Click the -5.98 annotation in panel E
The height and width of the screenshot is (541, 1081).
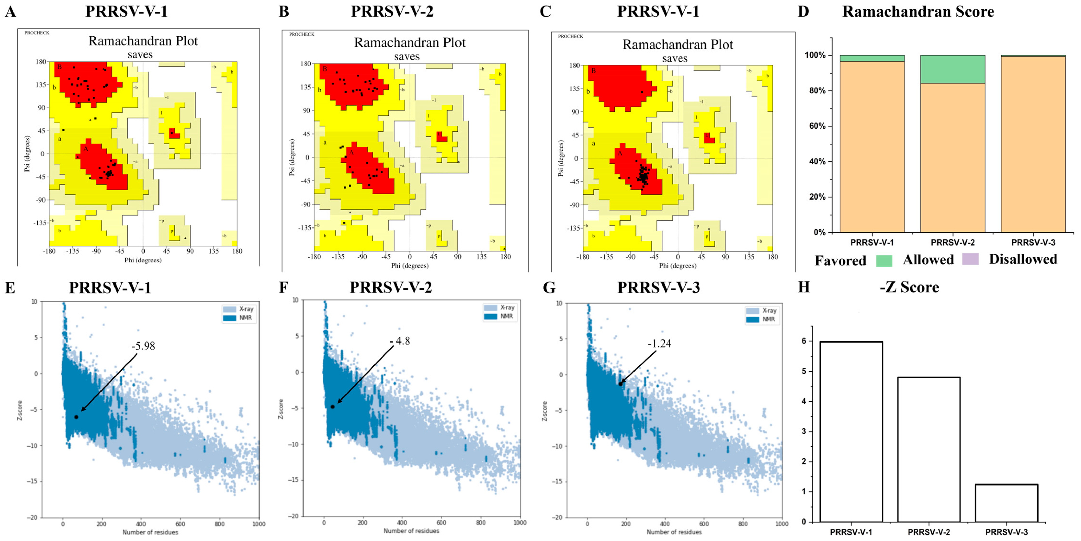(143, 346)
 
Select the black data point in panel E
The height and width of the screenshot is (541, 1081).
(76, 417)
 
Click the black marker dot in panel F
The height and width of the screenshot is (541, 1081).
(332, 407)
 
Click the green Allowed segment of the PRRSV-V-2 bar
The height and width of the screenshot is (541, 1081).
(953, 69)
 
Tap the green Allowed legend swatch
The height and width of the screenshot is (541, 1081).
(884, 261)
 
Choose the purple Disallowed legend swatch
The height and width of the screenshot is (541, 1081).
(970, 259)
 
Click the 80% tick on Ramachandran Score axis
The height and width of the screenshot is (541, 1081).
(817, 91)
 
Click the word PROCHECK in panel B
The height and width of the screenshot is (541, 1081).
(301, 34)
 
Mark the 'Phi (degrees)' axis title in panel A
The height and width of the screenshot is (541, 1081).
(143, 260)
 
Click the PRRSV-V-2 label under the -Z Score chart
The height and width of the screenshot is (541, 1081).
(928, 532)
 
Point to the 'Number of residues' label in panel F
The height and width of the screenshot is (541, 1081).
(411, 531)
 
